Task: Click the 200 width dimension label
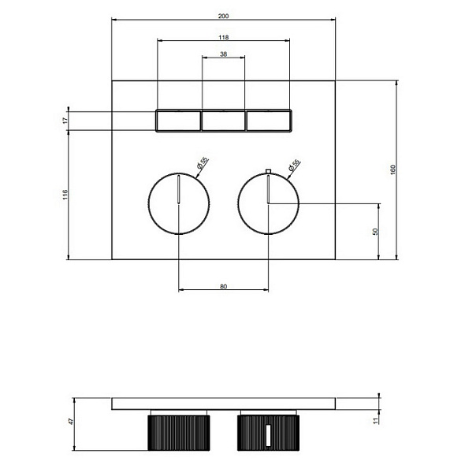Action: pyautogui.click(x=223, y=16)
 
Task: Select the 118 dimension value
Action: pyautogui.click(x=224, y=37)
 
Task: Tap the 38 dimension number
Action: pyautogui.click(x=224, y=54)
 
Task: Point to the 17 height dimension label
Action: pyautogui.click(x=65, y=121)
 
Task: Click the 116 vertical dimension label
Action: pyautogui.click(x=65, y=195)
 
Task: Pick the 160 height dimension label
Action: pyautogui.click(x=393, y=169)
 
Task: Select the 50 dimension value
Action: pyautogui.click(x=375, y=232)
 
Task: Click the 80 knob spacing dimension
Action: pyautogui.click(x=224, y=286)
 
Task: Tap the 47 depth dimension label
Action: pyautogui.click(x=70, y=421)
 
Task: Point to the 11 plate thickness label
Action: pyautogui.click(x=376, y=421)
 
